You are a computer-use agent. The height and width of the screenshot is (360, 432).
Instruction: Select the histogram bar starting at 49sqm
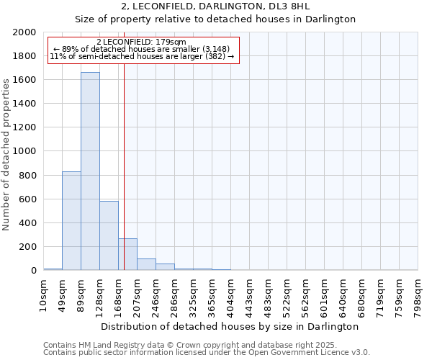coord(71,220)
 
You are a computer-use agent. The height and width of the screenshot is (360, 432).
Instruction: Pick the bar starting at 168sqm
coord(127,254)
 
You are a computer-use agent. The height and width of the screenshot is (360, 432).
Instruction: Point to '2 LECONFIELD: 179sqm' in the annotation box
coord(141,42)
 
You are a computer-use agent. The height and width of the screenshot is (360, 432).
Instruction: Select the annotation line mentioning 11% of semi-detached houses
coord(142,56)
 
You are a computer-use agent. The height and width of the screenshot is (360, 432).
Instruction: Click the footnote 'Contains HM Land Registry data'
coord(189,345)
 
